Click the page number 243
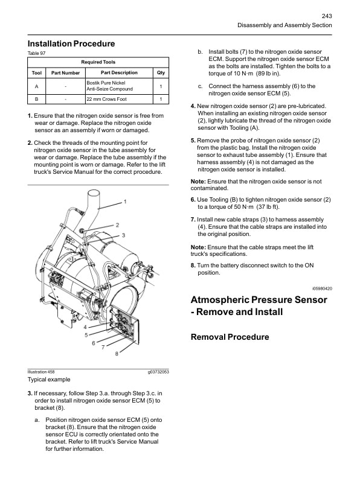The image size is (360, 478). [x=326, y=16]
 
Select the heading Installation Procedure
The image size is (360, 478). [x=71, y=43]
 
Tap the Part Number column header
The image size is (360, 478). [x=65, y=73]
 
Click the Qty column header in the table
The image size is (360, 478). [x=161, y=73]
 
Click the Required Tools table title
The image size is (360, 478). [x=98, y=62]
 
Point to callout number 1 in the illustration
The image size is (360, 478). [x=125, y=200]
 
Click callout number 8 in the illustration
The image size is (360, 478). [x=117, y=354]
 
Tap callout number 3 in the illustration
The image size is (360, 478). [x=123, y=234]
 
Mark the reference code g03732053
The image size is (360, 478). [x=158, y=372]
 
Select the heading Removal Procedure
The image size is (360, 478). [x=230, y=337]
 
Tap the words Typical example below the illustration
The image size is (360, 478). [x=49, y=380]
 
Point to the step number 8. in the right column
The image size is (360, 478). [x=193, y=265]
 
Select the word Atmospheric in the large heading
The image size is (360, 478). [x=224, y=300]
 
